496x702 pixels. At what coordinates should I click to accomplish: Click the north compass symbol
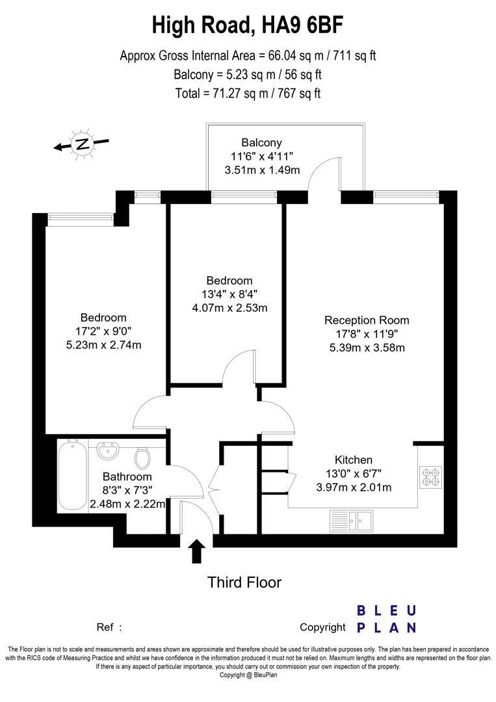(x=82, y=145)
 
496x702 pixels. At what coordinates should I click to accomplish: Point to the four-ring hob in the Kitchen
(x=430, y=478)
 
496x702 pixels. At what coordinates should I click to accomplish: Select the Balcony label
(x=261, y=143)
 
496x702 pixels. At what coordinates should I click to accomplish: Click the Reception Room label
(x=367, y=320)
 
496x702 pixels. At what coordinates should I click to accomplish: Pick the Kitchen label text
(x=353, y=459)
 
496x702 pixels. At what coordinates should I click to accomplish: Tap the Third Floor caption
(x=244, y=582)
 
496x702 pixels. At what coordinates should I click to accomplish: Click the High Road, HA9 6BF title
(x=248, y=26)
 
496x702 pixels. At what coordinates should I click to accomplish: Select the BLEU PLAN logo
(x=386, y=619)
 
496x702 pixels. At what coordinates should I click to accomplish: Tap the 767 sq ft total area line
(x=248, y=93)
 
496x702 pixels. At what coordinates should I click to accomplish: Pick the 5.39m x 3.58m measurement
(x=367, y=347)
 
